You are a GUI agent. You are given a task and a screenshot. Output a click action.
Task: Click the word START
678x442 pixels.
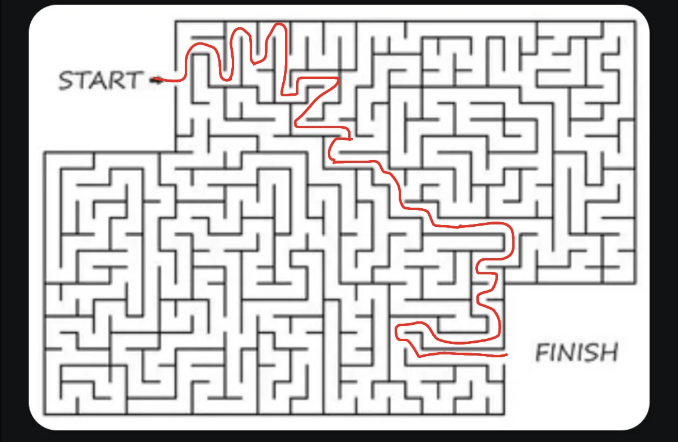click(x=100, y=80)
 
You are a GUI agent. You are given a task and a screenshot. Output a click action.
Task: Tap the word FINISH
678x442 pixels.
click(x=576, y=352)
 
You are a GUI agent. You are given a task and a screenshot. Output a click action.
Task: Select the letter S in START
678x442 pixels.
click(x=66, y=81)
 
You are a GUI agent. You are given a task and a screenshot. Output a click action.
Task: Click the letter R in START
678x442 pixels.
click(x=116, y=80)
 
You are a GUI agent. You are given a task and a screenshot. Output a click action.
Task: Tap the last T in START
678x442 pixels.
click(x=133, y=80)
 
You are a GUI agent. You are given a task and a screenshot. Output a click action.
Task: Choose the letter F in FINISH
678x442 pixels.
click(x=542, y=352)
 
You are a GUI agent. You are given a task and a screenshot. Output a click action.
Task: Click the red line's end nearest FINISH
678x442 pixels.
click(x=506, y=354)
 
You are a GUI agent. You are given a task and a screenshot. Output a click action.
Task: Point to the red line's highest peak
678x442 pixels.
click(x=280, y=24)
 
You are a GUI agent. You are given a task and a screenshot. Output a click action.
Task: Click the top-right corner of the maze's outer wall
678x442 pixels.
click(x=635, y=22)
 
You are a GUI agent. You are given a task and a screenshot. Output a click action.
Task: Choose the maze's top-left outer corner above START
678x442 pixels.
click(x=176, y=22)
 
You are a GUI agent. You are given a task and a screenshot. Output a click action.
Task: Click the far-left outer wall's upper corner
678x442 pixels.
click(x=45, y=153)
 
